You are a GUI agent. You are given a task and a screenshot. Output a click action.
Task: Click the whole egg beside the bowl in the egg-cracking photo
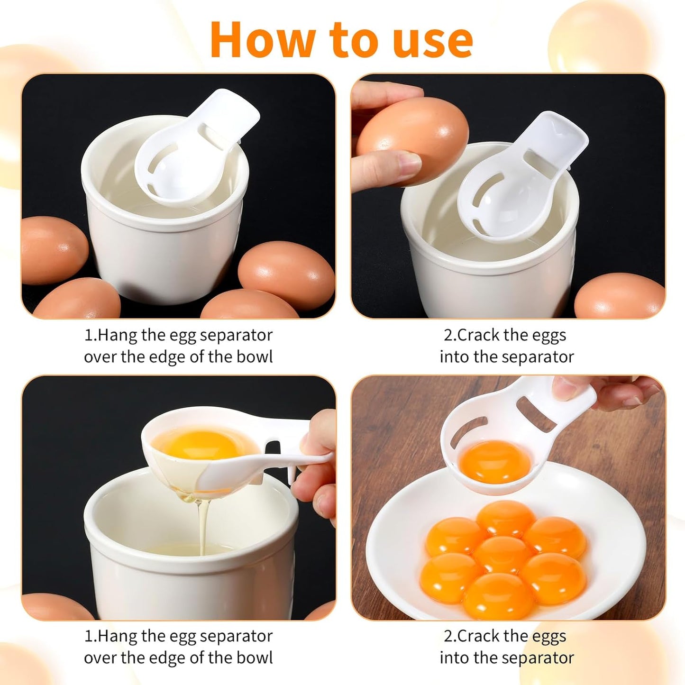[x=619, y=296]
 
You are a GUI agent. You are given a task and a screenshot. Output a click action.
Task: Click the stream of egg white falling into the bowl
[x=202, y=526]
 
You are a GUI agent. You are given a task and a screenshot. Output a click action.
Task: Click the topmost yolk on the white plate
[x=505, y=519]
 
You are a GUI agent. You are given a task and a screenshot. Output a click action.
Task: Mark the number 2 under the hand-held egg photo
[x=448, y=335]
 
